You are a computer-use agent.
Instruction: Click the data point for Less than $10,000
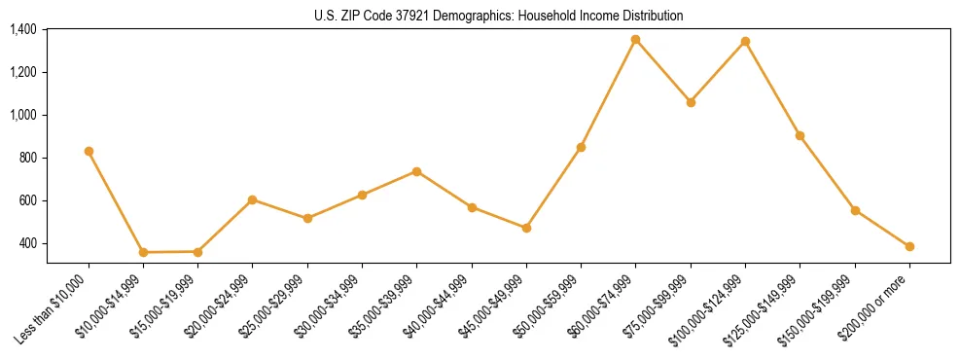point(89,151)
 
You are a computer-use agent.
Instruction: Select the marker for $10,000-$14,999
point(143,252)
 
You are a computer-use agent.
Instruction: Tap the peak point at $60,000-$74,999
point(635,39)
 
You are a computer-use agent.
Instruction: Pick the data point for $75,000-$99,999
point(691,102)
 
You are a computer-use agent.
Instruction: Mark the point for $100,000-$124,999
point(745,41)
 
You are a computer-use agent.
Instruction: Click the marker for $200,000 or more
point(909,246)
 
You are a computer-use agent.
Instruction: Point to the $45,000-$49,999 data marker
point(526,228)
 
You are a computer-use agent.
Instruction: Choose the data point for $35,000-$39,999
point(416,171)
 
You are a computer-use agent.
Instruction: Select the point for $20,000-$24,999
point(252,199)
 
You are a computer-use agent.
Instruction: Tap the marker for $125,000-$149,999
point(800,135)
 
